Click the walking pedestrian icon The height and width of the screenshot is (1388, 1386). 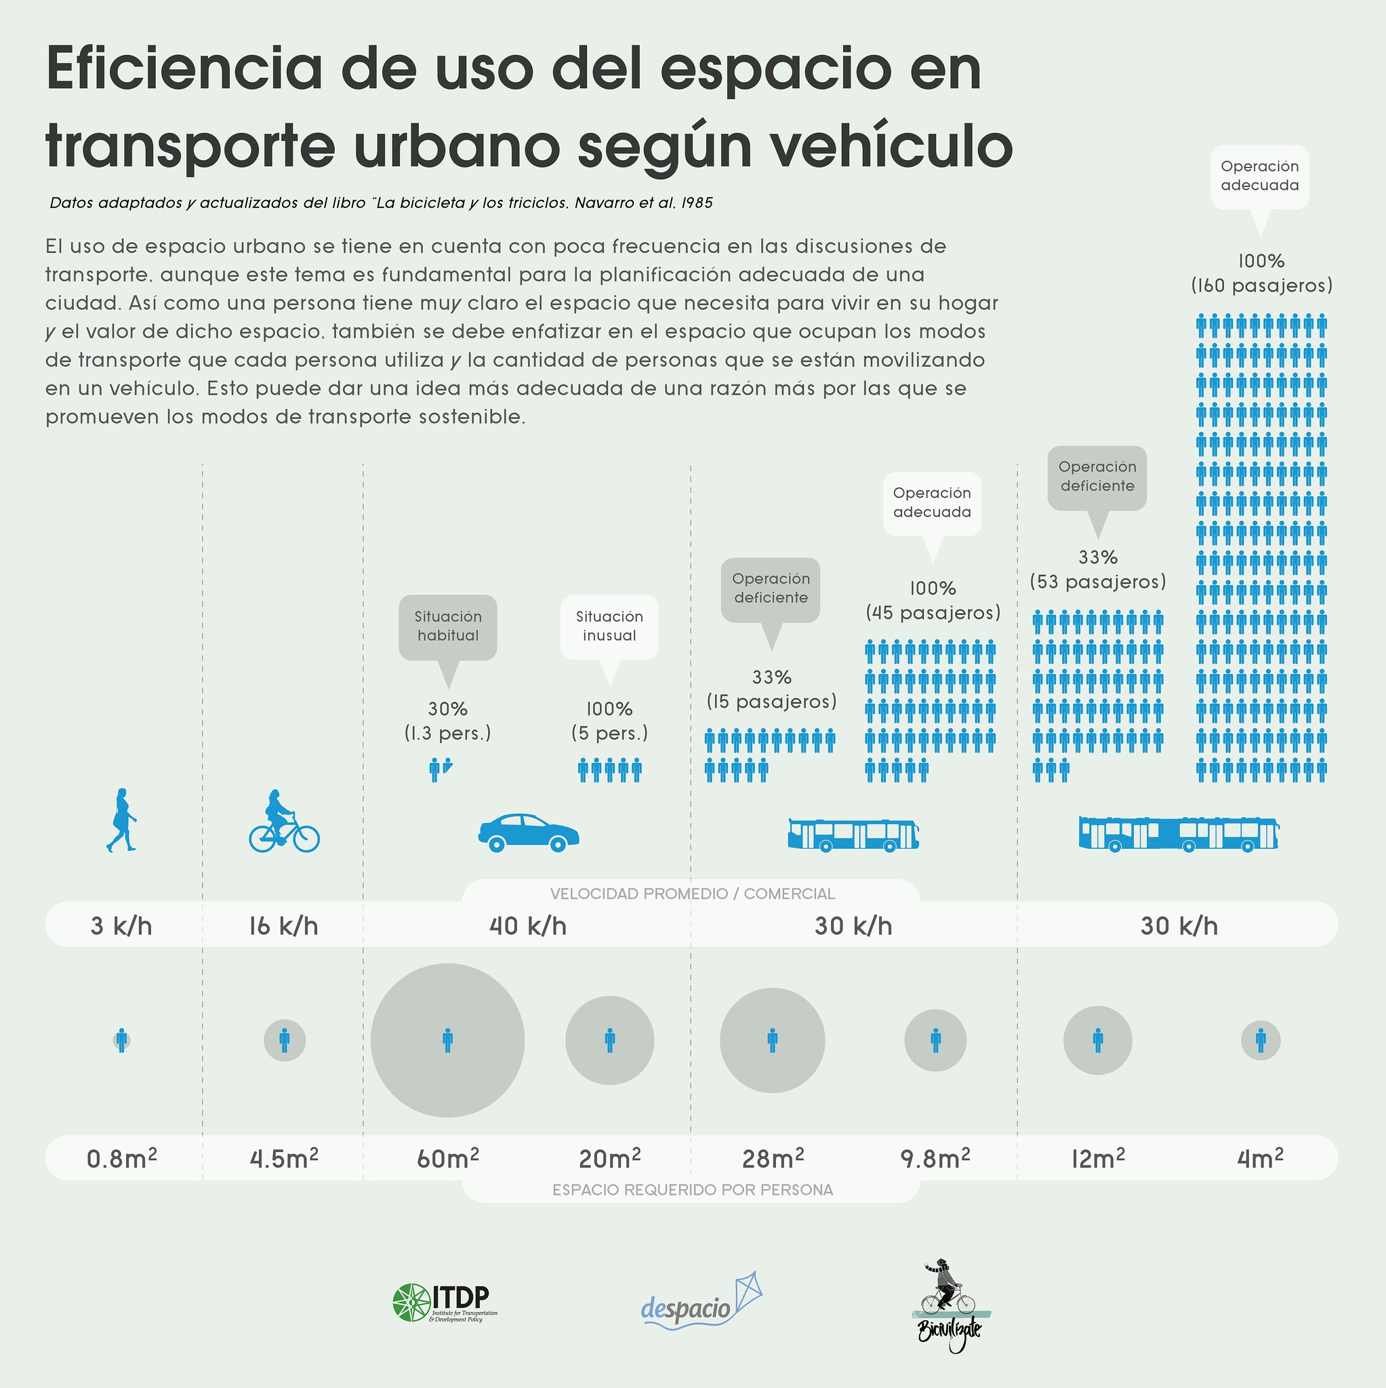(x=121, y=820)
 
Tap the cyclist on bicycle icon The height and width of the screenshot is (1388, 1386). (x=284, y=822)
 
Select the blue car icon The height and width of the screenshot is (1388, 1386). (x=529, y=833)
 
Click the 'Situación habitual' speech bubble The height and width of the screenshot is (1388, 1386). (x=447, y=627)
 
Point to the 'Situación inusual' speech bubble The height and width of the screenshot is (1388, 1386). (x=609, y=627)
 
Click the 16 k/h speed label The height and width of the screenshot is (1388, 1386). (x=284, y=926)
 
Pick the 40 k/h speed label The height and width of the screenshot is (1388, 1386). (x=528, y=926)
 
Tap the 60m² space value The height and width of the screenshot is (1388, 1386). (x=447, y=1159)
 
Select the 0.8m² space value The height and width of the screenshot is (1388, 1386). (x=121, y=1159)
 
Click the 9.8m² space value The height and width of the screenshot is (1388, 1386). (x=935, y=1159)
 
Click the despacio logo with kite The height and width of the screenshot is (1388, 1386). (x=700, y=1303)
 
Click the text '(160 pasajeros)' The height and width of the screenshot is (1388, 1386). (x=1261, y=286)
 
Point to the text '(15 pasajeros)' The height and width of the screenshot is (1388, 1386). (x=771, y=702)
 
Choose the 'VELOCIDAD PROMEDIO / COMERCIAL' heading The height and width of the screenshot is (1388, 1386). (x=692, y=894)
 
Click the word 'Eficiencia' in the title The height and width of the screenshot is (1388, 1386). (x=184, y=70)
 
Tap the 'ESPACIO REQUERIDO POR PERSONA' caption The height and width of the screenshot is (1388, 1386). (x=692, y=1190)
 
